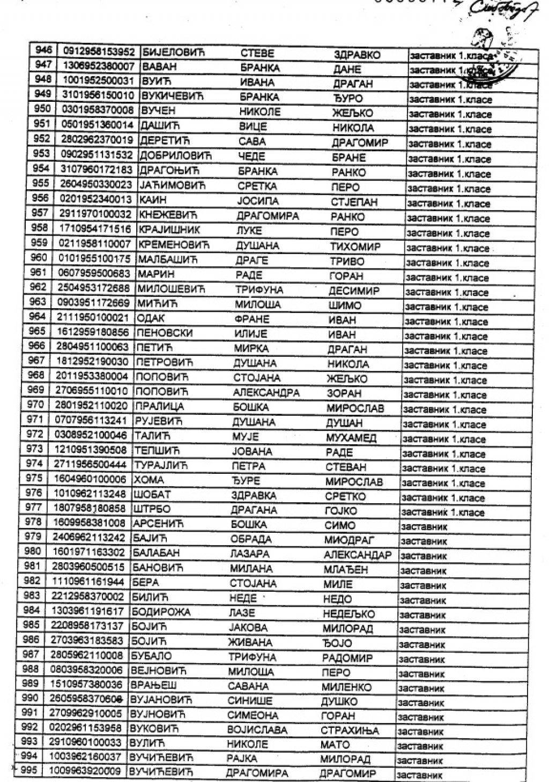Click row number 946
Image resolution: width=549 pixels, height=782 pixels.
tap(43, 50)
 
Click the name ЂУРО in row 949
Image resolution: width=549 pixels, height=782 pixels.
tap(348, 99)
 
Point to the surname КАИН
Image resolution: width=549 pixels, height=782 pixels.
tap(153, 200)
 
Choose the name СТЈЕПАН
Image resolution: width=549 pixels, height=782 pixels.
tap(354, 203)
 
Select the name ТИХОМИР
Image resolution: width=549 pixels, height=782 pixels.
tap(355, 247)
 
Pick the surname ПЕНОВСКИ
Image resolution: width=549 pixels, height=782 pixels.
tap(164, 333)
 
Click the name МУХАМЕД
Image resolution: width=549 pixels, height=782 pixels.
tap(351, 438)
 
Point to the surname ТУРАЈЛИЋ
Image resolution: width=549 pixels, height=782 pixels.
tap(161, 465)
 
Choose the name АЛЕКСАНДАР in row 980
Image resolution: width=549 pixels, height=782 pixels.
tap(358, 555)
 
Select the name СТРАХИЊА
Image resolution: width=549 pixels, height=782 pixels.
tap(350, 731)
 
